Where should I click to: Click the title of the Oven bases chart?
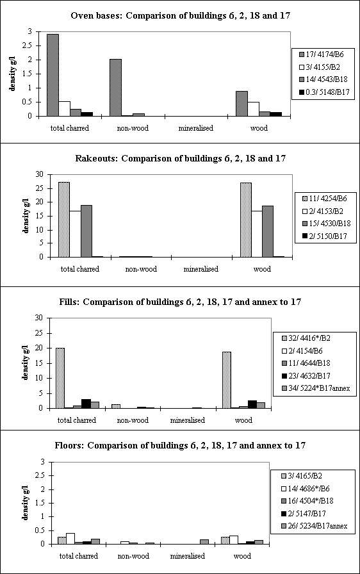point(181,16)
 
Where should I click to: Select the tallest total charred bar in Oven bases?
point(53,75)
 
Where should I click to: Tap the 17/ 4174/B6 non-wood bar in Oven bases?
point(115,88)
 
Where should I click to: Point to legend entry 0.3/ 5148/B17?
point(325,92)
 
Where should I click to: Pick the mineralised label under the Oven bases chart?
point(196,128)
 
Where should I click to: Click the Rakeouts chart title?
point(181,158)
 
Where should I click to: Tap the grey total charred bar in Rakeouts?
point(86,231)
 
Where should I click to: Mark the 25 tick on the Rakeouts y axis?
point(40,188)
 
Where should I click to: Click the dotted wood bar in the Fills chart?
point(227,380)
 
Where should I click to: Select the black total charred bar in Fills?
point(86,404)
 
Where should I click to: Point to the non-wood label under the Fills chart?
point(133,420)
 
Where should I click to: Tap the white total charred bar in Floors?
point(70,539)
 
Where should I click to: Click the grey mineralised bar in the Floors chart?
point(204,542)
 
